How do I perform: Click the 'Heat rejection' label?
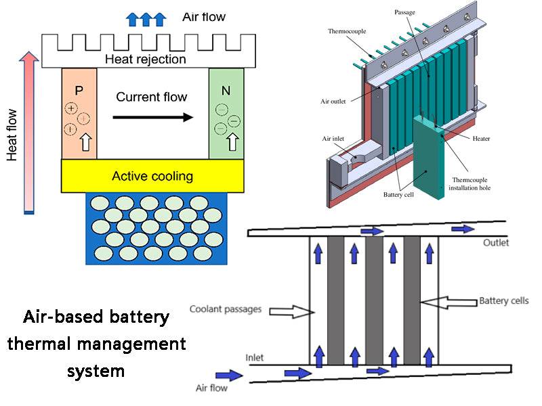tap(145, 60)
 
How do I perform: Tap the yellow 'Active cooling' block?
tap(152, 176)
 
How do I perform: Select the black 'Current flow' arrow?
tap(152, 117)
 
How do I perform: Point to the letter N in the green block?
tap(226, 90)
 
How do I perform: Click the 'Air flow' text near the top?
tap(204, 16)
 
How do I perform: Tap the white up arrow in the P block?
tap(85, 143)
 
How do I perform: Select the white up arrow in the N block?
tap(233, 142)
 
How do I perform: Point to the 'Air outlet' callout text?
tap(334, 102)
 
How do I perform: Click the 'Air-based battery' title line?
tap(96, 316)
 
